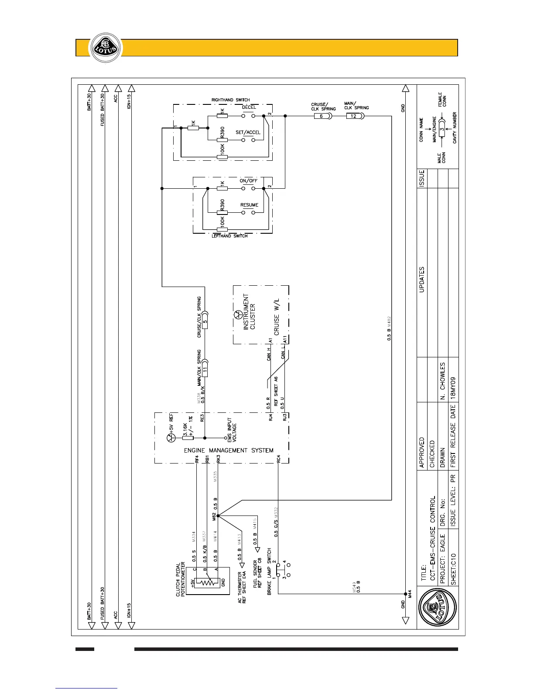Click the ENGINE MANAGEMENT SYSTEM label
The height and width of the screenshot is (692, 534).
[x=229, y=450]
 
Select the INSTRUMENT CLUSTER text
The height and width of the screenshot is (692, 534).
[x=249, y=311]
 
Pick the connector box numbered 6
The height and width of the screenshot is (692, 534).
[x=322, y=116]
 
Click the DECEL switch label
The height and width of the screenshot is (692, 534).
[x=249, y=107]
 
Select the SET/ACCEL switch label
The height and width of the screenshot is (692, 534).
[x=248, y=132]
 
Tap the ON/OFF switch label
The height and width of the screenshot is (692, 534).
[x=249, y=181]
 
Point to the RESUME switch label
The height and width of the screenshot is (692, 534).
[x=249, y=205]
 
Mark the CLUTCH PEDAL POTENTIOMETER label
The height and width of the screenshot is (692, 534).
[x=180, y=579]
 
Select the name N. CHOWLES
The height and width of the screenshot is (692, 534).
[x=442, y=380]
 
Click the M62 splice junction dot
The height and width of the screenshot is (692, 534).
[x=218, y=516]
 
